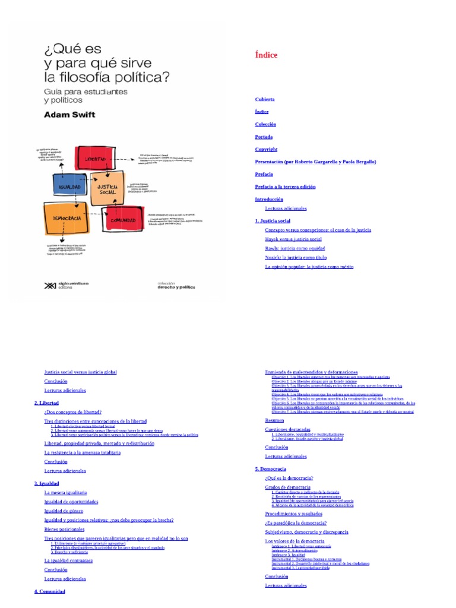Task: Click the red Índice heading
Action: click(x=266, y=55)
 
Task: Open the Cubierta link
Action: click(x=265, y=99)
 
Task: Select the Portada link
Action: click(x=264, y=137)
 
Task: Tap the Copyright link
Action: click(x=266, y=149)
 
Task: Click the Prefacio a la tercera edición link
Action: click(x=285, y=186)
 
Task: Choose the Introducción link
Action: click(x=269, y=199)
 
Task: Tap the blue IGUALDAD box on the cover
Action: click(x=69, y=187)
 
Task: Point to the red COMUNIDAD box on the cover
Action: click(x=123, y=221)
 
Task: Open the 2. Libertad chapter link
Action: click(x=47, y=403)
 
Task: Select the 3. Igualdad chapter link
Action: click(x=47, y=483)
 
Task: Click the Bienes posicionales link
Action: click(x=64, y=529)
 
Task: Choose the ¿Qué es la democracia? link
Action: click(x=289, y=477)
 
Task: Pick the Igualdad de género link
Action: click(x=64, y=511)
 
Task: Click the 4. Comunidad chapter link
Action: click(x=49, y=591)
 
